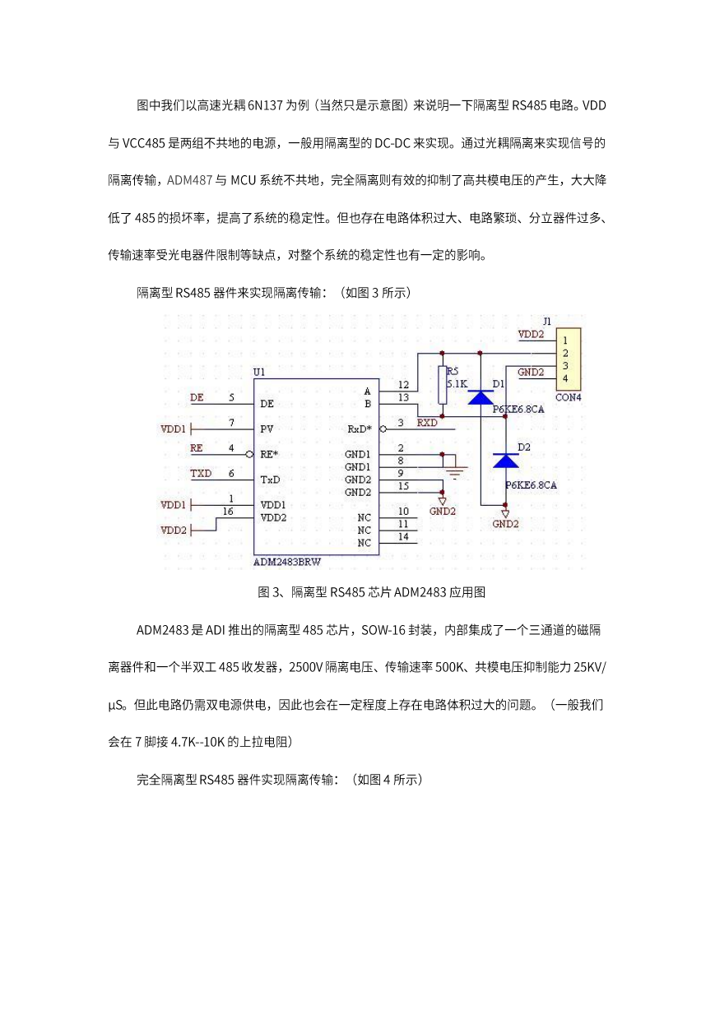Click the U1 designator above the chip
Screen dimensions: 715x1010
pyautogui.click(x=259, y=373)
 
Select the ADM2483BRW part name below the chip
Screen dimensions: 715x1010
pyautogui.click(x=287, y=563)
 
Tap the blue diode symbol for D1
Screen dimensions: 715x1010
pyautogui.click(x=480, y=398)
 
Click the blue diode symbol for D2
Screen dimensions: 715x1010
pyautogui.click(x=505, y=461)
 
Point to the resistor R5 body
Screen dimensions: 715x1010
pyautogui.click(x=443, y=385)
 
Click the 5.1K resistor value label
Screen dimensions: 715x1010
pyautogui.click(x=457, y=384)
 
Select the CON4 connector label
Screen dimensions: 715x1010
pyautogui.click(x=569, y=398)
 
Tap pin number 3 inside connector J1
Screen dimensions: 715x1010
pyautogui.click(x=565, y=366)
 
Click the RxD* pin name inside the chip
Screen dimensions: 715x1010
pyautogui.click(x=360, y=429)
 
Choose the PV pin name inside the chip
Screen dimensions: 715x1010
pyautogui.click(x=267, y=429)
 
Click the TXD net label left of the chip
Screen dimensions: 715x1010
pyautogui.click(x=201, y=474)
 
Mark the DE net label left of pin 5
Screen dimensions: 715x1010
pyautogui.click(x=197, y=398)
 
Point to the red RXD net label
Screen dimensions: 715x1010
pyautogui.click(x=427, y=423)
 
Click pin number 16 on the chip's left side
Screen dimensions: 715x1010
pyautogui.click(x=228, y=512)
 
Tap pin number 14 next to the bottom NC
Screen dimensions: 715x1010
pyautogui.click(x=403, y=536)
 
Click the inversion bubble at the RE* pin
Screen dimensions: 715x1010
pyautogui.click(x=249, y=455)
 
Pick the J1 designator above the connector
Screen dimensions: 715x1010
pyautogui.click(x=546, y=322)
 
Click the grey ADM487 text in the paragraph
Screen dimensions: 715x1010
pyautogui.click(x=189, y=180)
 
